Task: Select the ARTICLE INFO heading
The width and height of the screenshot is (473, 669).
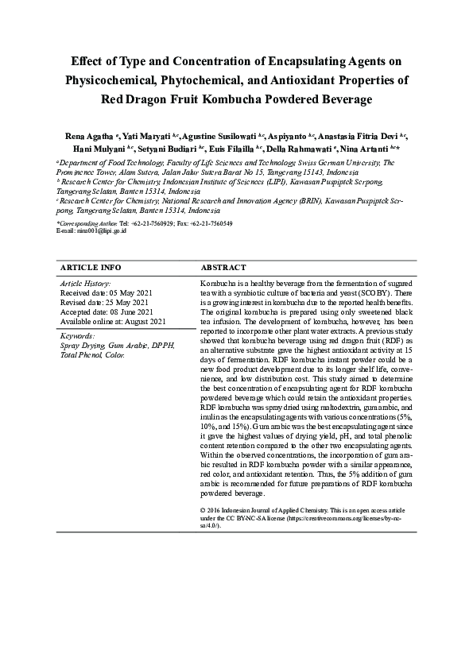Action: (x=91, y=268)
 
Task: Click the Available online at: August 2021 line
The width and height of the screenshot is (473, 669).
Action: (x=113, y=321)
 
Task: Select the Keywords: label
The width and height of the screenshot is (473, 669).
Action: (x=77, y=335)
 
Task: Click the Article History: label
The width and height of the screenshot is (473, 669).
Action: (x=85, y=283)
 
